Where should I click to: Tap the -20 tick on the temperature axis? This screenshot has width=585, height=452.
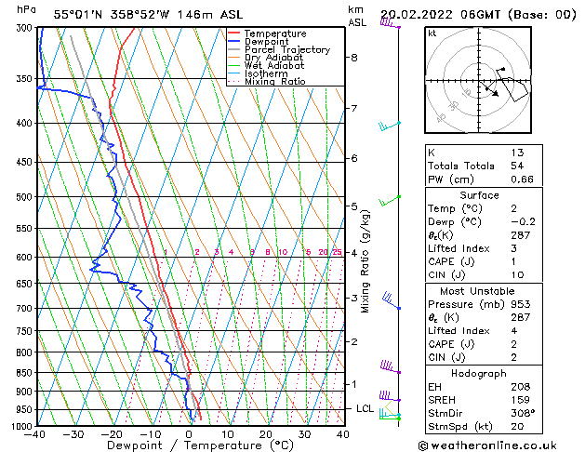tap(112, 434)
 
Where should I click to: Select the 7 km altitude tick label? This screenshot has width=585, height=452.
tap(353, 109)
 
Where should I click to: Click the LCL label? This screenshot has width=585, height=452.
tap(366, 408)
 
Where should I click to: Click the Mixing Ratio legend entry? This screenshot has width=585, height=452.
tap(274, 82)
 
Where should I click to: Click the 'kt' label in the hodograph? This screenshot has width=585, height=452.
tap(432, 33)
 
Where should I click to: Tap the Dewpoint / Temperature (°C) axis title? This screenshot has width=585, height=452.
tap(189, 446)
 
